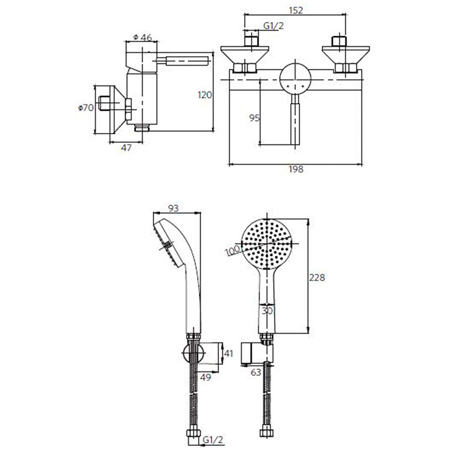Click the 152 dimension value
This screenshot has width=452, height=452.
coord(296,10)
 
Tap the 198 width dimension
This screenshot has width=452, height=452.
coord(296,169)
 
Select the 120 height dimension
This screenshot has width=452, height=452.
coord(205,95)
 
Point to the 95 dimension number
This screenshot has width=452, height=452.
coord(254,118)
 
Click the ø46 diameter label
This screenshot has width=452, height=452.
coord(142,38)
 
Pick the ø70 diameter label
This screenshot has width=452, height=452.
coord(86,108)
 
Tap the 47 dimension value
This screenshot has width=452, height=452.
coord(126,148)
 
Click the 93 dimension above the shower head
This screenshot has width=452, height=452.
coord(173,208)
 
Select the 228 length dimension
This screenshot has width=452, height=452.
coord(317,278)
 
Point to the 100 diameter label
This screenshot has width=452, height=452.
coord(232,250)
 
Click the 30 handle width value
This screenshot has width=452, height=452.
coord(267,311)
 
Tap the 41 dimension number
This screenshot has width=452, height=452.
coord(229,353)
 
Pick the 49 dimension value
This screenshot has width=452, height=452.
coord(206,377)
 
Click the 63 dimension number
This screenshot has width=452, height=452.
coord(256,372)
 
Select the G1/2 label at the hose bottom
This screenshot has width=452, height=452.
coord(213,440)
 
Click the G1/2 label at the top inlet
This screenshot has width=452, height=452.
coord(273,26)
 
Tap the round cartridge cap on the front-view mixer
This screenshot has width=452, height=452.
coord(295,79)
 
